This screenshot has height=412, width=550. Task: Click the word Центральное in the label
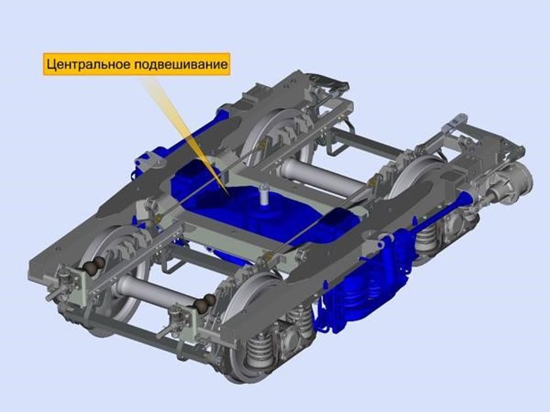click(x=89, y=65)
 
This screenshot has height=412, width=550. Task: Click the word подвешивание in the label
click(x=181, y=65)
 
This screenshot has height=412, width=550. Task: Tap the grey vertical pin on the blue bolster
click(x=264, y=195)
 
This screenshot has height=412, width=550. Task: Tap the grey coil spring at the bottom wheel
click(x=258, y=347)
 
